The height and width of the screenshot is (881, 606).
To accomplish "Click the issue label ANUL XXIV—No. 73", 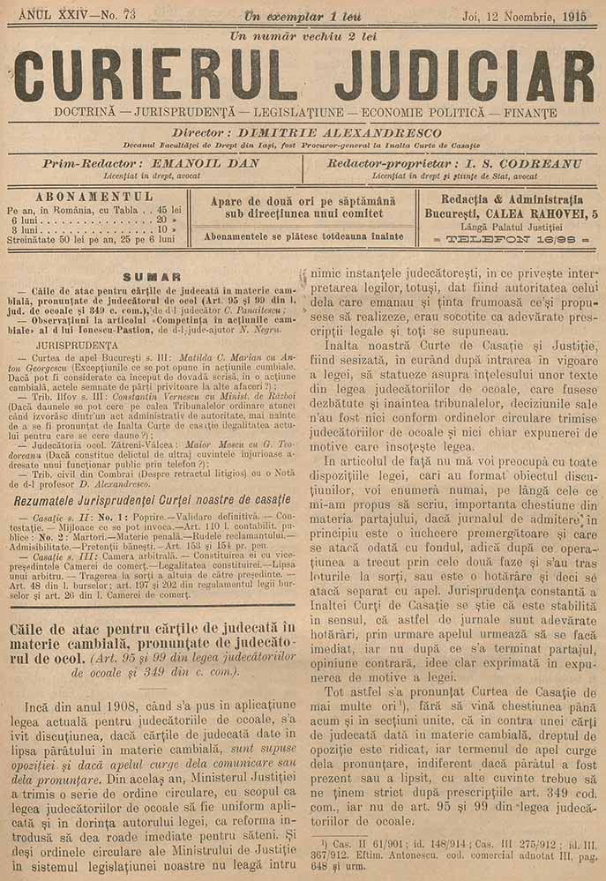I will [72, 16].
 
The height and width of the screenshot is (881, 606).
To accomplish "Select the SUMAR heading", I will [152, 276].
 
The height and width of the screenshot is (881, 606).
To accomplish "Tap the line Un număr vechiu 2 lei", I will [303, 36].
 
